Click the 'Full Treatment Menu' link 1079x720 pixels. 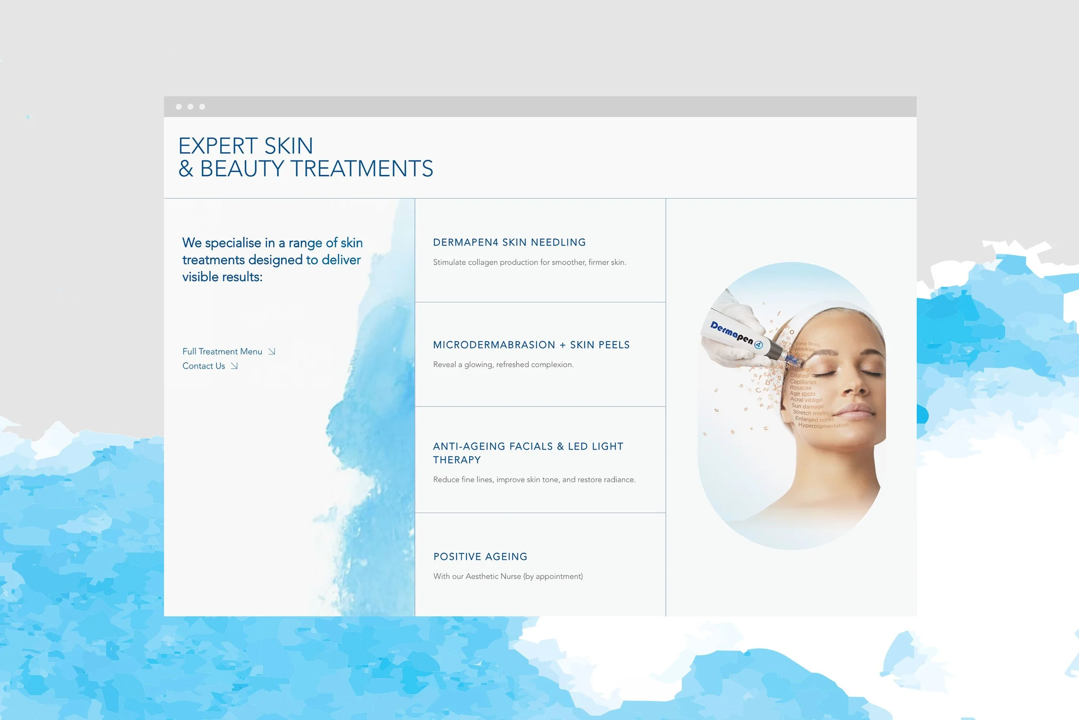[222, 352]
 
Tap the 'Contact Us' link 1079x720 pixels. [204, 366]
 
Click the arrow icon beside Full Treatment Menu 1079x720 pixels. [271, 352]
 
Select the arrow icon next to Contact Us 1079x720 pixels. [234, 366]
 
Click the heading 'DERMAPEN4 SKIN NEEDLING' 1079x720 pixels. [509, 242]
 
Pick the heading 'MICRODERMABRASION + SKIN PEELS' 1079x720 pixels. [531, 345]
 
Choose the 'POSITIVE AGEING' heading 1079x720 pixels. [480, 557]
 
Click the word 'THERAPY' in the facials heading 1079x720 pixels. [457, 460]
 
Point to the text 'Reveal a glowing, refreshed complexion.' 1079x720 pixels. [503, 365]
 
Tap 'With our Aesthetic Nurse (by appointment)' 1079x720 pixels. [508, 576]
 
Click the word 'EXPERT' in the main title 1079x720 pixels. [218, 146]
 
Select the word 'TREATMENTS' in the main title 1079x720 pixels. [362, 168]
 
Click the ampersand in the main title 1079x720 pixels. [186, 168]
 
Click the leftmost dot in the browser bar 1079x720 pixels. [178, 107]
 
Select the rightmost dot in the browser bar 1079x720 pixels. [202, 107]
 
